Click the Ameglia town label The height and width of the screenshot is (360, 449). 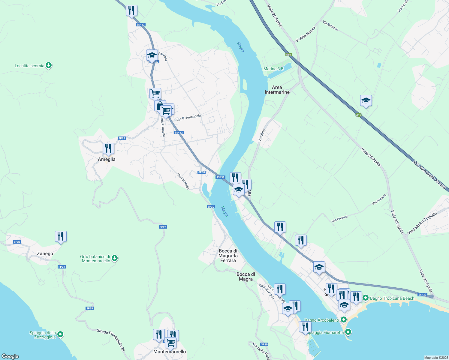107,159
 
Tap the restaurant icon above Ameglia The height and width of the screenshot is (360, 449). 108,148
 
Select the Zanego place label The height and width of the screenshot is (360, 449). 45,253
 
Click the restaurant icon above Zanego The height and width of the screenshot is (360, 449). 61,236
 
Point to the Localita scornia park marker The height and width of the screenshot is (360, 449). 49,65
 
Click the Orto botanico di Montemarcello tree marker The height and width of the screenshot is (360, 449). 114,258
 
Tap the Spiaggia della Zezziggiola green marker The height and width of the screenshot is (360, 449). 60,334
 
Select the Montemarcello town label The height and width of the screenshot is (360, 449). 170,352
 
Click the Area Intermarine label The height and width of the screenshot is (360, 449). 277,90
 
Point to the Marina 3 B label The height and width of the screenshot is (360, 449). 273,69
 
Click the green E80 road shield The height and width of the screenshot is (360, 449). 288,55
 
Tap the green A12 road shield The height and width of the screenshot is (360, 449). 358,115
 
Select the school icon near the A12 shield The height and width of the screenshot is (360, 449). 366,101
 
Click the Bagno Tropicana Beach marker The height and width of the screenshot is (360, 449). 366,298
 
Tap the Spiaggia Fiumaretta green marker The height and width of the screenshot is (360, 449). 348,332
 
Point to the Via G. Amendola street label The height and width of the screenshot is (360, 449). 188,118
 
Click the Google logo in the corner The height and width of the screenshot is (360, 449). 10,356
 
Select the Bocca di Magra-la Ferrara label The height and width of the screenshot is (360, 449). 228,256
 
